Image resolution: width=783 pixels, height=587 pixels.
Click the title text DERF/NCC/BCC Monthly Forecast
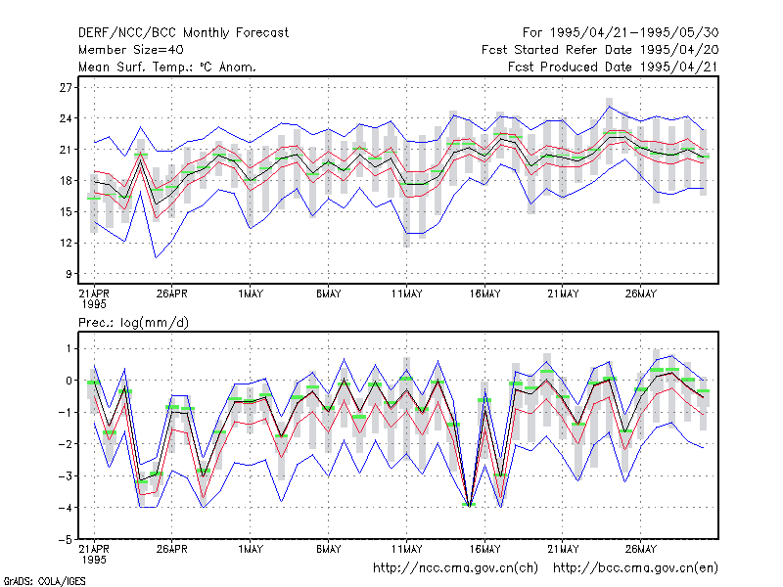click(x=183, y=33)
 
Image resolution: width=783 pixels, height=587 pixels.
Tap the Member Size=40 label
click(x=131, y=50)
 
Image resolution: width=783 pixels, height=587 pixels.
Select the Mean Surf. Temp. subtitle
click(x=167, y=67)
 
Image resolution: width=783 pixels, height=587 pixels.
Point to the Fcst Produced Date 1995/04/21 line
click(x=614, y=67)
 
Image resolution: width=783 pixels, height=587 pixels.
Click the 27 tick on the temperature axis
click(x=66, y=88)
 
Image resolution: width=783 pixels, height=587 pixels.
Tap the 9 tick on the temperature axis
click(x=69, y=274)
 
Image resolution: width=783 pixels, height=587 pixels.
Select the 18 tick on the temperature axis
click(x=66, y=181)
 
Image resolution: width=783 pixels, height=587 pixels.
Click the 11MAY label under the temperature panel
click(x=406, y=294)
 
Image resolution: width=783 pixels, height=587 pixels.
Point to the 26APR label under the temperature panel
click(x=172, y=294)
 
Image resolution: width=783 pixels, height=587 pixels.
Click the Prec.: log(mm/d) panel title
click(x=133, y=323)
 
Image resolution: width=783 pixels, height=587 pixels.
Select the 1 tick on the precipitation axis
click(x=69, y=349)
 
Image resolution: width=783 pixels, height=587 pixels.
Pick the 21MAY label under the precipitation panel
click(x=563, y=549)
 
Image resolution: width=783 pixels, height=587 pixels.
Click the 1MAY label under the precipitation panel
click(x=251, y=549)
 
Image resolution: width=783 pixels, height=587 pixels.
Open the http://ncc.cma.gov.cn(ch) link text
click(x=455, y=568)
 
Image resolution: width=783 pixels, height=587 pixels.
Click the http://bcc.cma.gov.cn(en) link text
click(x=635, y=568)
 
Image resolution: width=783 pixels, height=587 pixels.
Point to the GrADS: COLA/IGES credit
click(x=44, y=581)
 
